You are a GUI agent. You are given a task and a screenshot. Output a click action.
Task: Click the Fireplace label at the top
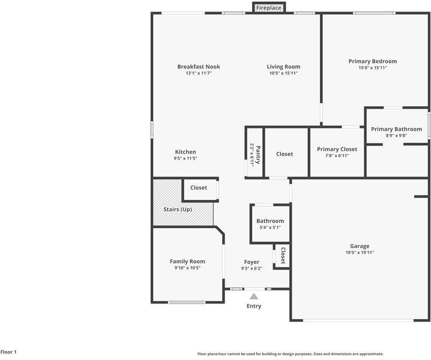point(268,8)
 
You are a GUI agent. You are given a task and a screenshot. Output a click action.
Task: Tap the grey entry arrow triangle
point(254,296)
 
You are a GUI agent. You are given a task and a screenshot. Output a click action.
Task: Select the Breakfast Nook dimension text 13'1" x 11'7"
point(199,73)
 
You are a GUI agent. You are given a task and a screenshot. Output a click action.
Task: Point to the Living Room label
point(283,67)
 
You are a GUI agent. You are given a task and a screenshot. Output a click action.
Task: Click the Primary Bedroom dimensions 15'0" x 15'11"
point(373,68)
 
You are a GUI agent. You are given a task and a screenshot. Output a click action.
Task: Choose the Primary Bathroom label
point(396,129)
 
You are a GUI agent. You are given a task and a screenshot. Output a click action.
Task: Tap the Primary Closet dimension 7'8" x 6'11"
point(337,155)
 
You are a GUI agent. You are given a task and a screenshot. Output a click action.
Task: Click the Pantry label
point(258,155)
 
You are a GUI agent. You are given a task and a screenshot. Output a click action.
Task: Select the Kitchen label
point(185,152)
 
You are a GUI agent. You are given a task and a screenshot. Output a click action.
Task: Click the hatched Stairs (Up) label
point(178,209)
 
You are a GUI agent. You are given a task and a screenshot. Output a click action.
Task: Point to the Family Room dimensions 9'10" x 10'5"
point(187,268)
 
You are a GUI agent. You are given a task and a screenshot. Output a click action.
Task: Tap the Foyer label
point(252,262)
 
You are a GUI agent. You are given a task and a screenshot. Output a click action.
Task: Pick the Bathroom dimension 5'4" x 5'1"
point(270,227)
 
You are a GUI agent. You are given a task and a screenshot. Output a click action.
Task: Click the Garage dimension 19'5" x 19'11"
point(360,252)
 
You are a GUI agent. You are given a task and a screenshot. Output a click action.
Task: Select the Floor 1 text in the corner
point(8,352)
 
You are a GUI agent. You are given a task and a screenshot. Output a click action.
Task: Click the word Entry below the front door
point(254,306)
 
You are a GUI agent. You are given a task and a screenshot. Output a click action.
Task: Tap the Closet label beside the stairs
point(199,188)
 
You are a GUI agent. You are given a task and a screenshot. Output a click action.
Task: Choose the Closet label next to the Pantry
point(285,154)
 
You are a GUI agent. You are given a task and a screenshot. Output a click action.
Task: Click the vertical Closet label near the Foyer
point(283,256)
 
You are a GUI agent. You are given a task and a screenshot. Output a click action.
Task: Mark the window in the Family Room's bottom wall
point(187,302)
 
